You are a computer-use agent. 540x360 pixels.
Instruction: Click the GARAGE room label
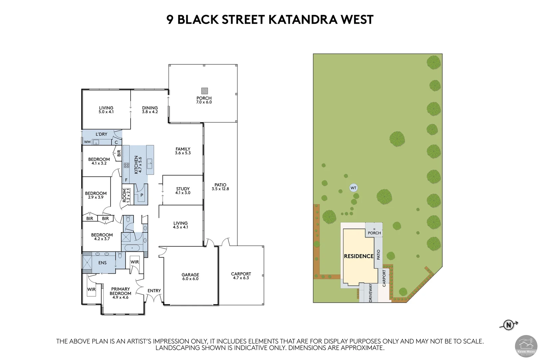190,275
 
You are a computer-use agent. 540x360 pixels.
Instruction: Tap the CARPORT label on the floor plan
241,274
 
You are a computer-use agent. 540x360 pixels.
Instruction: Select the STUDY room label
183,189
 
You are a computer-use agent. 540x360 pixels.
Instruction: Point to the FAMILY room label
183,149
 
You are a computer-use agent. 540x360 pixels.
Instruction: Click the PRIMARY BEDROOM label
120,291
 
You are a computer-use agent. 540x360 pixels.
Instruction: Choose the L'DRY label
101,134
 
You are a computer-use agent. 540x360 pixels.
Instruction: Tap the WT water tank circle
353,188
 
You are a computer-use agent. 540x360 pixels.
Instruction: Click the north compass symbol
508,325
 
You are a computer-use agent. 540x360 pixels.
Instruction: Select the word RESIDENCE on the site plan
358,256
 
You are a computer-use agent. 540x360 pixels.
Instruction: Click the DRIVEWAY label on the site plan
371,293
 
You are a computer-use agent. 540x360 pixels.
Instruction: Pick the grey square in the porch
204,91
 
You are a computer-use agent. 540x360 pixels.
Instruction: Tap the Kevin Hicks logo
526,346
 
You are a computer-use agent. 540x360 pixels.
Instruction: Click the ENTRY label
154,291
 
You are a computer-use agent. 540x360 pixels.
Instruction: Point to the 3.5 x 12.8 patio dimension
220,189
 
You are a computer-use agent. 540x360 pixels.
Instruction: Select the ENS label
102,263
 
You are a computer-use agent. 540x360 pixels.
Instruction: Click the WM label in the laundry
87,142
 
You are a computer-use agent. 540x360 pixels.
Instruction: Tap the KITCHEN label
136,164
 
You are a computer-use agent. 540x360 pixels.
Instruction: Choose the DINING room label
150,108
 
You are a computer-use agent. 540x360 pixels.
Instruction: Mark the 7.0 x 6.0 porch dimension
204,102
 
